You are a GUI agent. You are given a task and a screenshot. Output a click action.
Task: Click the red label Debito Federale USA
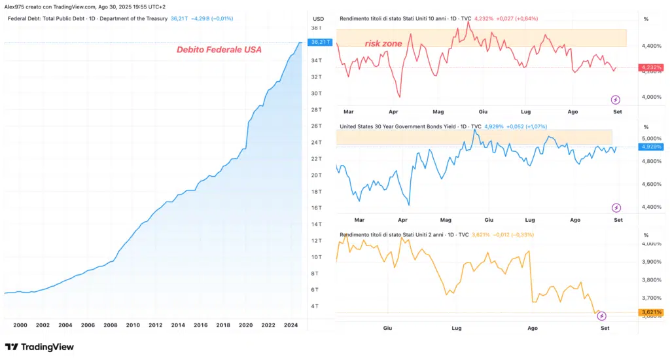pyautogui.click(x=219, y=50)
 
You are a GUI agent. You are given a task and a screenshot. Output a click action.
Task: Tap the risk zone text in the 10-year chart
pyautogui.click(x=383, y=44)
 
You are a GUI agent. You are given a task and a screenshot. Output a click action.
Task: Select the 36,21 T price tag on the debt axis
pyautogui.click(x=319, y=42)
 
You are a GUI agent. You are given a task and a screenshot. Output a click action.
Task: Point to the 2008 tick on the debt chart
pyautogui.click(x=111, y=325)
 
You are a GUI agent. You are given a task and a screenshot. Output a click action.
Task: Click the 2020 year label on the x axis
pyautogui.click(x=245, y=325)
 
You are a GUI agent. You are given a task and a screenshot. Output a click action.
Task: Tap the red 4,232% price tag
pyautogui.click(x=652, y=67)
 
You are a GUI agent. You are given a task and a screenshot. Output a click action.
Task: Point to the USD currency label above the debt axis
pyautogui.click(x=319, y=18)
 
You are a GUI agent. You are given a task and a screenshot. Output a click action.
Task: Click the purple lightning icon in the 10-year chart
pyautogui.click(x=616, y=100)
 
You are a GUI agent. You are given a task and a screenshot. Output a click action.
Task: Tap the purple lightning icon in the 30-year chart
pyautogui.click(x=616, y=208)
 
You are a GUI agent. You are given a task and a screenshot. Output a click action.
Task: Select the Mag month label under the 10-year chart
pyautogui.click(x=438, y=112)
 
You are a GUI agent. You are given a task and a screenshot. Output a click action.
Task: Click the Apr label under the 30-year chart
pyautogui.click(x=402, y=220)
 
